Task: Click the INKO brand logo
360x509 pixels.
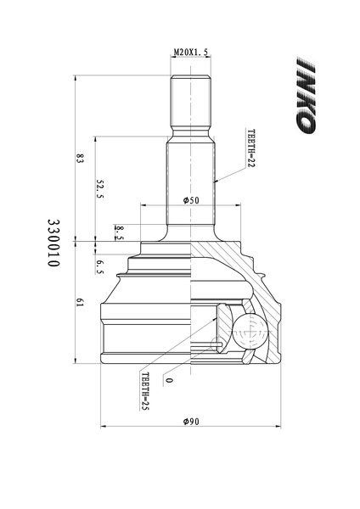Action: [306, 95]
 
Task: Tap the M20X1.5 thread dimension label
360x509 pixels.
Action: [191, 52]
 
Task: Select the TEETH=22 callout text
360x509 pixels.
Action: [251, 148]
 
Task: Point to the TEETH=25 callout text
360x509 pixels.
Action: [145, 391]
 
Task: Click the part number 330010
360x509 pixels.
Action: [53, 243]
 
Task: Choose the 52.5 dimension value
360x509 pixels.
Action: [99, 188]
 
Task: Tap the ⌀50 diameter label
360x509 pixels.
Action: [191, 200]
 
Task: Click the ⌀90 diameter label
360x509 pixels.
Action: [191, 422]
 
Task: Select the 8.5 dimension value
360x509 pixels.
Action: [119, 232]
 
